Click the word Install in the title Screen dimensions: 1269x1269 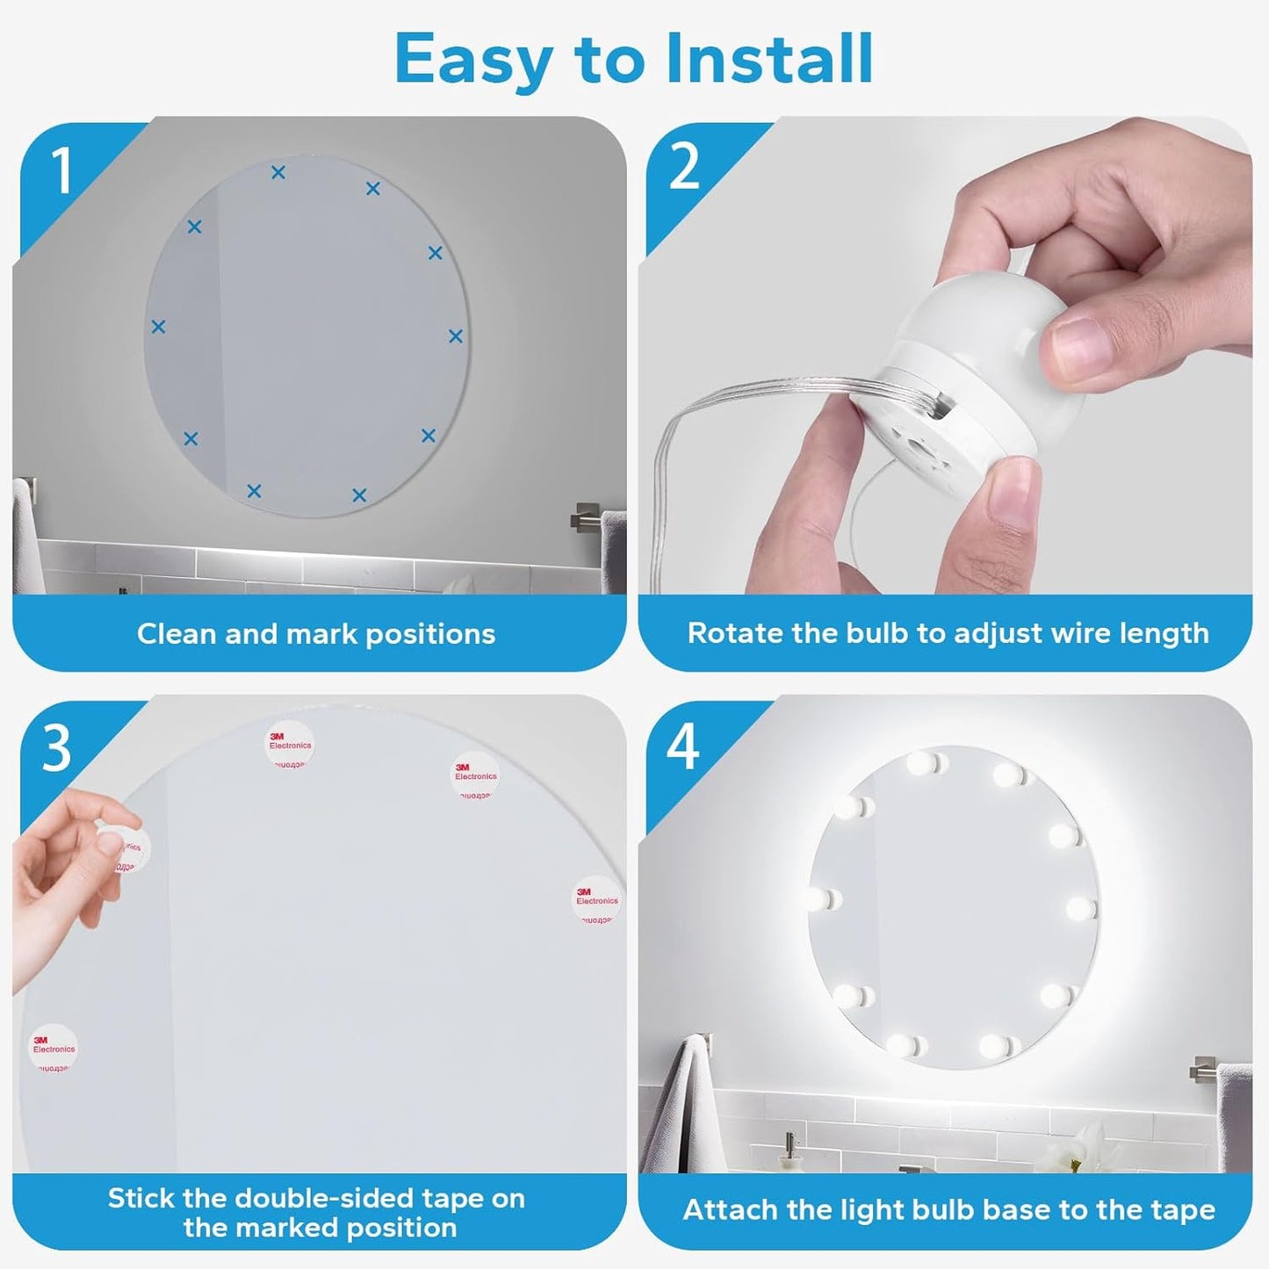click(x=768, y=59)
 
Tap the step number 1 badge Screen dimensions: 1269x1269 click(x=61, y=170)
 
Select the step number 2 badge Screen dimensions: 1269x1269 click(x=684, y=166)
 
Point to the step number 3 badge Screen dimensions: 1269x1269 click(x=56, y=748)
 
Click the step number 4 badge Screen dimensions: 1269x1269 click(x=683, y=747)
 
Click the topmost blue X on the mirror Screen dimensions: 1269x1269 click(x=278, y=173)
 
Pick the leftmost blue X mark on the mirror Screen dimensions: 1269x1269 click(x=158, y=327)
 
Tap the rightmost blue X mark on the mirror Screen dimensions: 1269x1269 click(x=456, y=336)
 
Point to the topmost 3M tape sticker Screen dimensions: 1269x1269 click(x=289, y=746)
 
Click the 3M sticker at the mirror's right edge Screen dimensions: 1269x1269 click(x=597, y=899)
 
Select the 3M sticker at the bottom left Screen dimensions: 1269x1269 click(x=54, y=1048)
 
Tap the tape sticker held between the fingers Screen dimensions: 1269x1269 click(x=126, y=849)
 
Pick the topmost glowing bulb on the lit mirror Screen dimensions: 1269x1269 click(x=925, y=762)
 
